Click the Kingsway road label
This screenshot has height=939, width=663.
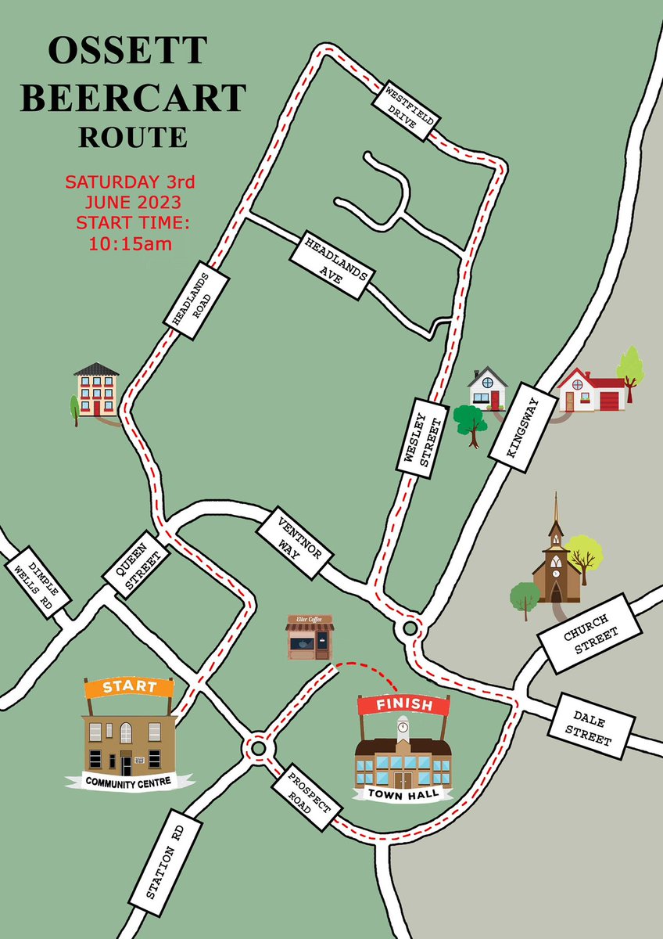point(522,432)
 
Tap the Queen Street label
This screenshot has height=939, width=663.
point(136,565)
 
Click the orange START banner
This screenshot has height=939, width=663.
point(128,687)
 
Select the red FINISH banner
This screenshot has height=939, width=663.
point(403,704)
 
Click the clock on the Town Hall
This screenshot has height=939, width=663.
point(403,727)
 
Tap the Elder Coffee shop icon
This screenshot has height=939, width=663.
point(310,637)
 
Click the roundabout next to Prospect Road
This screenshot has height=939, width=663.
point(257,748)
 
